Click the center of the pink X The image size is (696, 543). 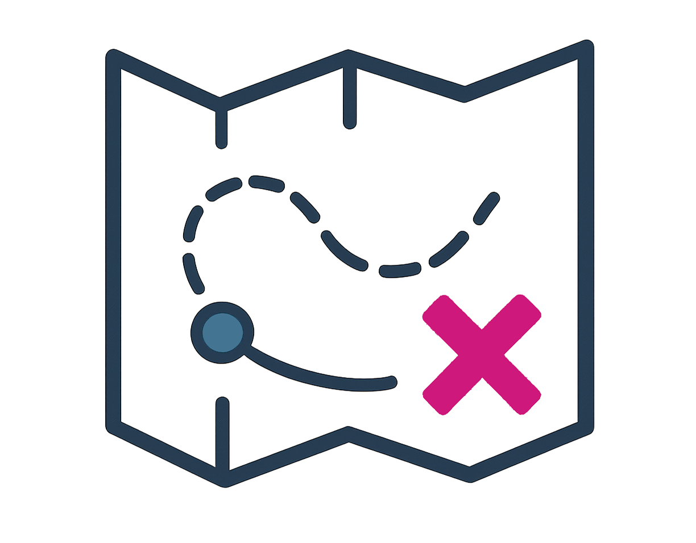pos(482,354)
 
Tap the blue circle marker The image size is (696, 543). pos(221,332)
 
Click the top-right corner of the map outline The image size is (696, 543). pos(586,48)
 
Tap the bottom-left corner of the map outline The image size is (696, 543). pos(114,427)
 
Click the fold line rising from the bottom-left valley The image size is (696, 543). pos(223,435)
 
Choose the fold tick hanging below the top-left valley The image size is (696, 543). pos(221,128)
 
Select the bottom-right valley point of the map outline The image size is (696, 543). pos(470,474)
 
